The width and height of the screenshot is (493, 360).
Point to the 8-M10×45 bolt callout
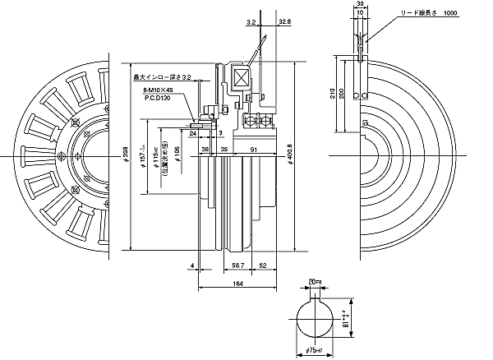159,89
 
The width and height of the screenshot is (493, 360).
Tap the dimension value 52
261,266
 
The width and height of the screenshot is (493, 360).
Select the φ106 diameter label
177,154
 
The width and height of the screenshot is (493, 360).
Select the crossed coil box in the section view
242,81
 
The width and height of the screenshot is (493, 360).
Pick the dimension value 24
192,132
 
